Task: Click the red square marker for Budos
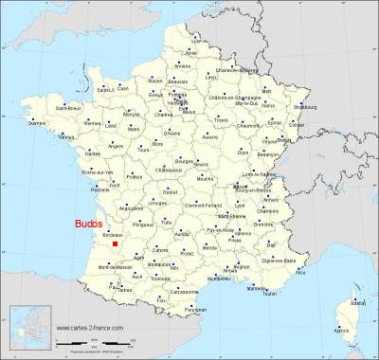point(115,243)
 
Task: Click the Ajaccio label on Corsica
point(342,331)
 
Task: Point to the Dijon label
point(244,152)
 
